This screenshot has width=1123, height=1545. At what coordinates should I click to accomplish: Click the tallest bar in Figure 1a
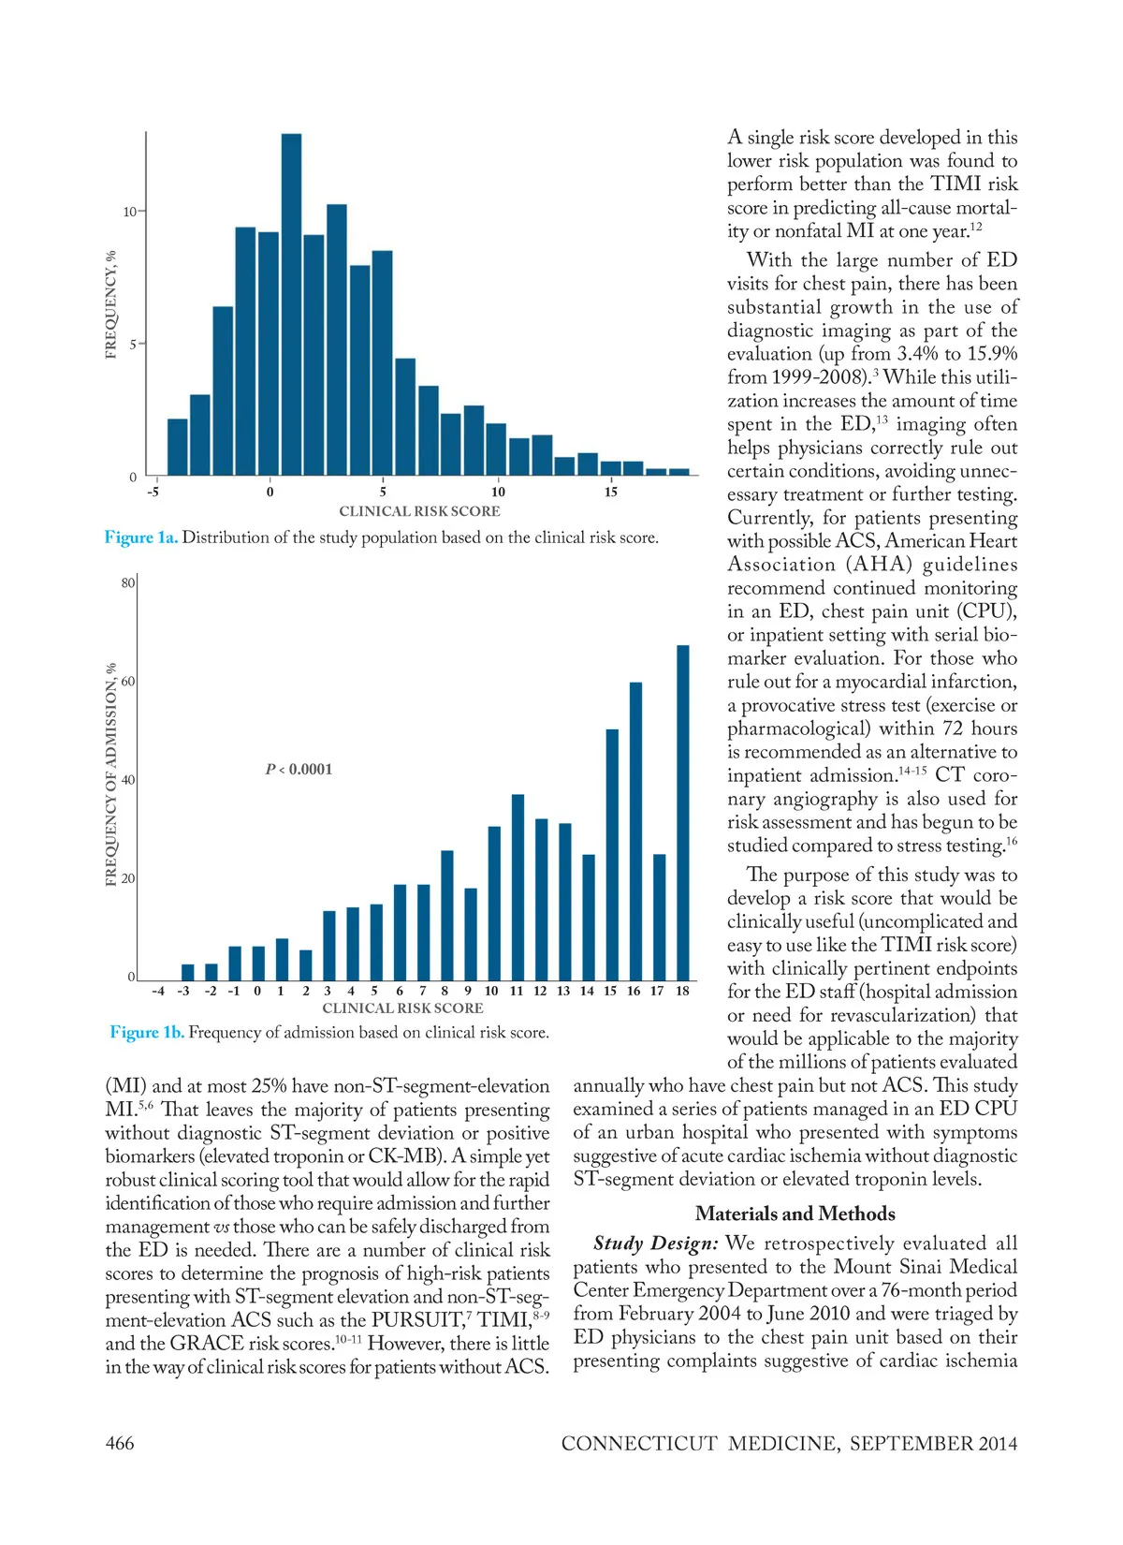(x=291, y=304)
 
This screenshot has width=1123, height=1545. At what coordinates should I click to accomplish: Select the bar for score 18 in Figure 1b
(x=683, y=813)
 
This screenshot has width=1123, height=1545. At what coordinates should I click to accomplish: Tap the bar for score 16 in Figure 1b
(x=635, y=831)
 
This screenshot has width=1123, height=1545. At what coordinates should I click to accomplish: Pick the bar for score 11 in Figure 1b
(x=518, y=887)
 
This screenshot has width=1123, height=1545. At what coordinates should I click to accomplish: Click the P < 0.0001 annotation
(x=299, y=770)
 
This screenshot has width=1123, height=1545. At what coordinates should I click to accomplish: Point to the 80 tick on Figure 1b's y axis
(x=128, y=582)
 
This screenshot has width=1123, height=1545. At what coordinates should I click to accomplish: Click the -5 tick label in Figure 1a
(x=153, y=492)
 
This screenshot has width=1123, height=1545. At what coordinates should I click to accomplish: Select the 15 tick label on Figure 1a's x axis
(x=610, y=492)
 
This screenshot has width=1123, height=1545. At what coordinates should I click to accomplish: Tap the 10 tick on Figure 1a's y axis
(x=130, y=212)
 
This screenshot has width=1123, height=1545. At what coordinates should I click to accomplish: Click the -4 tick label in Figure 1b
(x=158, y=991)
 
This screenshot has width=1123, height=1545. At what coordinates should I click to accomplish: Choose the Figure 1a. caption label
(x=140, y=537)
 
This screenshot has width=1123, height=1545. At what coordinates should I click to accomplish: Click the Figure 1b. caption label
(x=147, y=1032)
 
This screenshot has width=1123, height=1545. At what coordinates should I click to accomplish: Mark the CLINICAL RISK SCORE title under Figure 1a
(x=419, y=511)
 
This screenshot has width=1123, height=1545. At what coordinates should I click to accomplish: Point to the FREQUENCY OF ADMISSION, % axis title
(x=111, y=774)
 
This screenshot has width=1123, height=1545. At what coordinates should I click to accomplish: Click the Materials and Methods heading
(x=795, y=1214)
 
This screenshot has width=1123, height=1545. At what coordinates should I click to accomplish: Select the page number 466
(x=120, y=1443)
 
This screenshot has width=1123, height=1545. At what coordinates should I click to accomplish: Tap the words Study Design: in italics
(x=655, y=1243)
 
